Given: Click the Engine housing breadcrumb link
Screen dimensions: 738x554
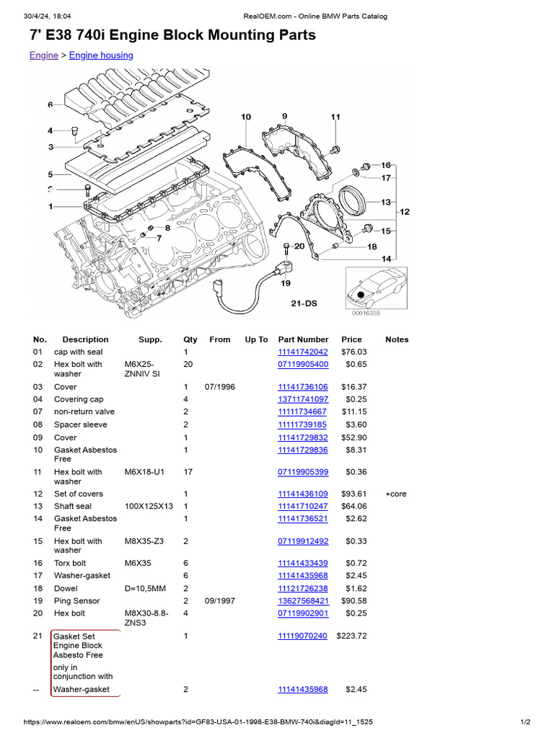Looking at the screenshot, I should pyautogui.click(x=101, y=55).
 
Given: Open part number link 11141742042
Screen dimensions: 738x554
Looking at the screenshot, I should pyautogui.click(x=303, y=352).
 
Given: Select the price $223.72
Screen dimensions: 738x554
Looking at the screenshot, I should pyautogui.click(x=352, y=636).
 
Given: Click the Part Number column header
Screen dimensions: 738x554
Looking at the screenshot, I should pyautogui.click(x=303, y=339).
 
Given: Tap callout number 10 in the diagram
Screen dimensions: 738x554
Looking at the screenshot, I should pyautogui.click(x=246, y=117).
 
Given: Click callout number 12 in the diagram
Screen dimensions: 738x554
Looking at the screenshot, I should pyautogui.click(x=404, y=212).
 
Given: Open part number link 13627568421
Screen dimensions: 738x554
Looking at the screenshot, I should pyautogui.click(x=303, y=601).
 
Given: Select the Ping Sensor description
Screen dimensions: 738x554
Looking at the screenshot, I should pyautogui.click(x=76, y=601).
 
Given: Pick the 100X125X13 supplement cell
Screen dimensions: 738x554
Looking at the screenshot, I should pyautogui.click(x=149, y=507).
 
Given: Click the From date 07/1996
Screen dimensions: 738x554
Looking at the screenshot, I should pyautogui.click(x=219, y=387).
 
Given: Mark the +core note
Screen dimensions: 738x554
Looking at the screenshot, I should pyautogui.click(x=396, y=494).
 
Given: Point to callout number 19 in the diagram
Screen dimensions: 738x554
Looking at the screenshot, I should pyautogui.click(x=286, y=283).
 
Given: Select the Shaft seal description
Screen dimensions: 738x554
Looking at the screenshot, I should pyautogui.click(x=75, y=507).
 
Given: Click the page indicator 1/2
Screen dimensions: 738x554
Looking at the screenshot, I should pyautogui.click(x=525, y=722).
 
